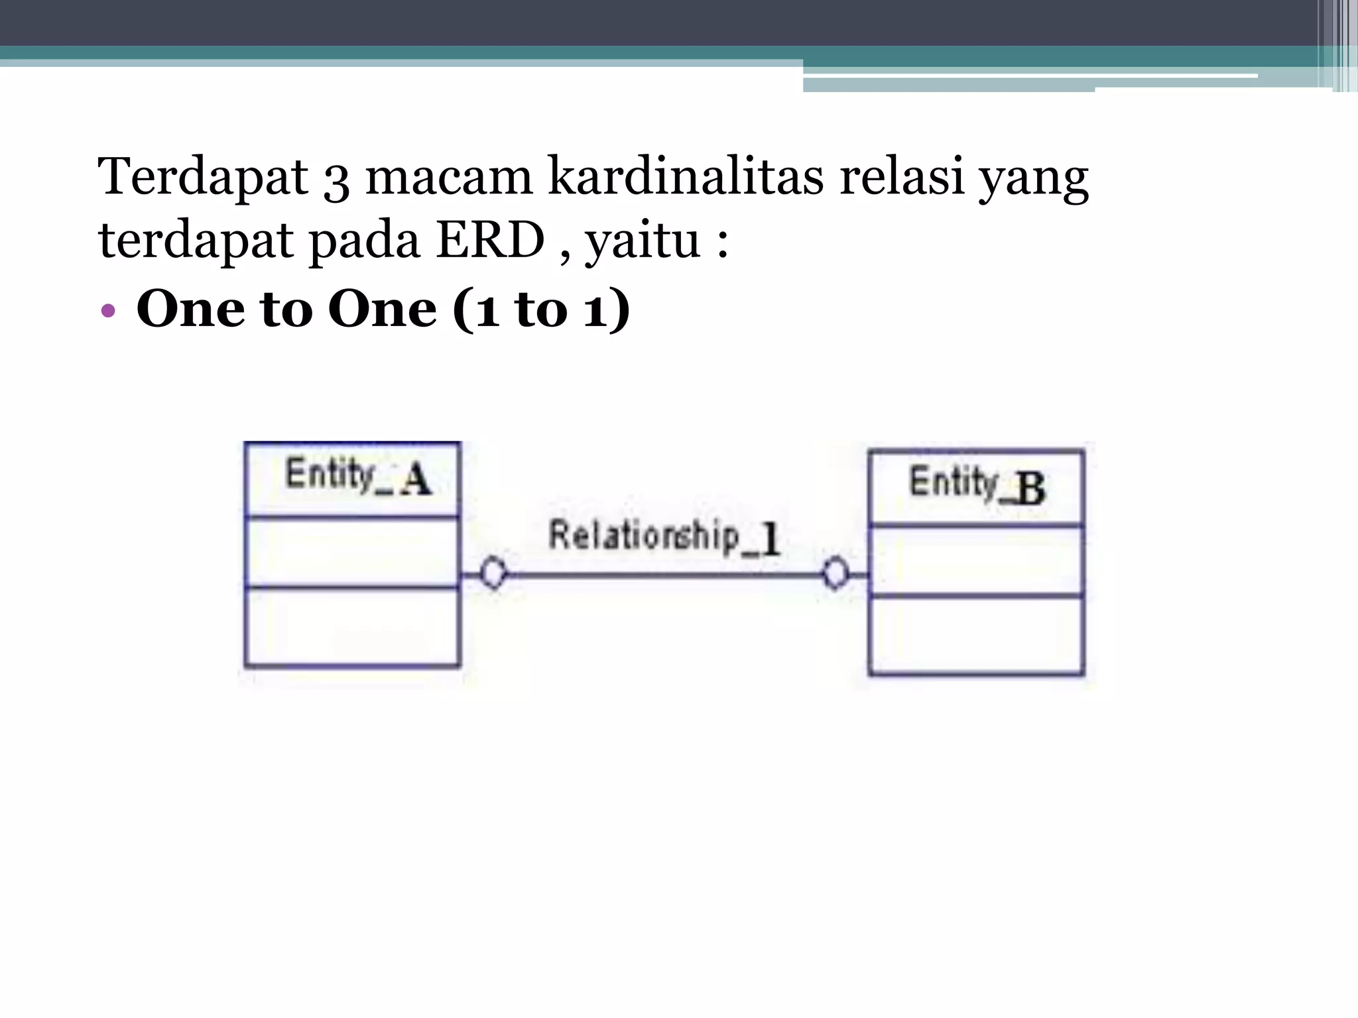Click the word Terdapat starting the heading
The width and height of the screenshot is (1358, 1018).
(203, 178)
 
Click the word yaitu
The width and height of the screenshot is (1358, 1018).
(643, 243)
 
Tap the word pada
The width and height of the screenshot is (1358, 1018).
(364, 241)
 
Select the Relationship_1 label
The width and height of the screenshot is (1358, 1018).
(664, 536)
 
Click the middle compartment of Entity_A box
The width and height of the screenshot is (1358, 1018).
(351, 551)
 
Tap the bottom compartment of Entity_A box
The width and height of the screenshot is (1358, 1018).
(351, 626)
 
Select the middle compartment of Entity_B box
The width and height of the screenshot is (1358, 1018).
(976, 562)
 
